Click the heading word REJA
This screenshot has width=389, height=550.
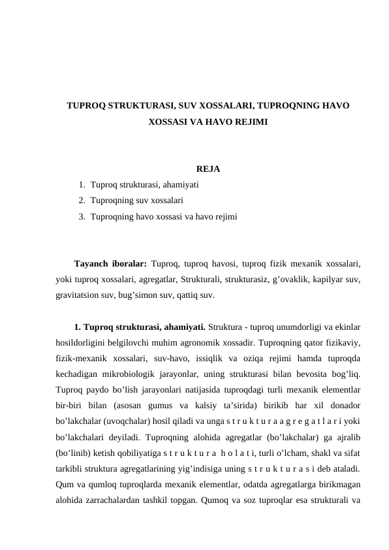[x=208, y=170]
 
